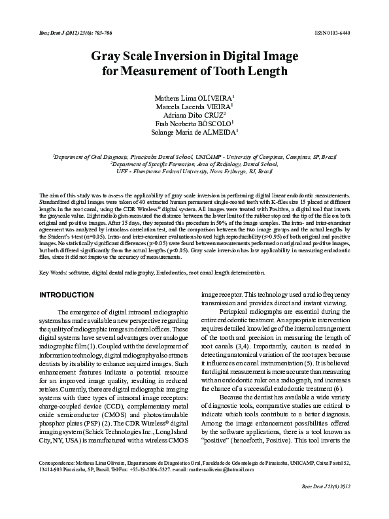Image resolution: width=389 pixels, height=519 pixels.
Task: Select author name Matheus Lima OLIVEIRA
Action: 194,96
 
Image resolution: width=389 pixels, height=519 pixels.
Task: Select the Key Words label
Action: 54,272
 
